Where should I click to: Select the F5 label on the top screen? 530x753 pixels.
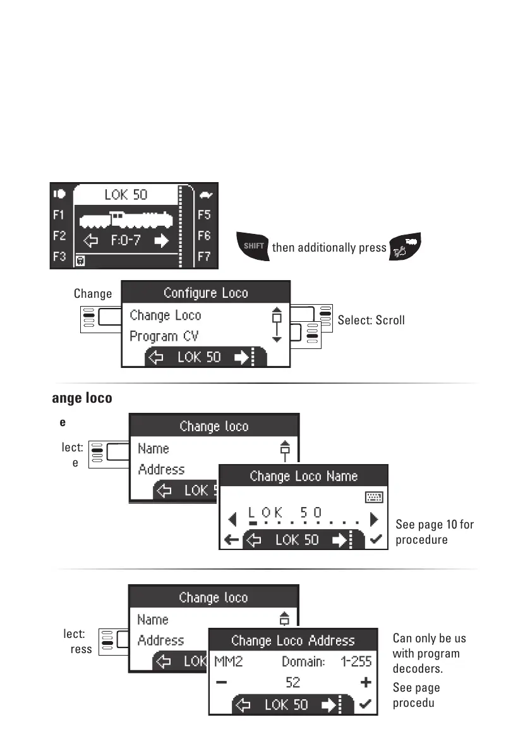(x=204, y=215)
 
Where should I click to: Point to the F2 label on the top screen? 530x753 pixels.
(x=59, y=236)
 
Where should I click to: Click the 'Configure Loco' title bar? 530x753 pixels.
(x=206, y=293)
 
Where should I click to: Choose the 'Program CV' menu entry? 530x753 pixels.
(x=166, y=336)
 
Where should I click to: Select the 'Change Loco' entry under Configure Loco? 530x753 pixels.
(x=166, y=315)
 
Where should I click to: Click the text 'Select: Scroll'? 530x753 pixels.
(x=371, y=320)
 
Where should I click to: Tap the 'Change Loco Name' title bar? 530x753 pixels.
(x=303, y=476)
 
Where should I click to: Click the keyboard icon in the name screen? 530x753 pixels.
(x=374, y=498)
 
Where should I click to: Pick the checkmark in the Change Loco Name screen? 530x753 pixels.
(x=376, y=540)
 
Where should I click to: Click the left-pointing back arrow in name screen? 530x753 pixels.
(x=231, y=540)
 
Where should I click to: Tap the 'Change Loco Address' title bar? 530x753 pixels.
(x=293, y=640)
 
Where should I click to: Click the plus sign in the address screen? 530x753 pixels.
(x=364, y=683)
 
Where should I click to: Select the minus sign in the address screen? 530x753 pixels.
(x=221, y=683)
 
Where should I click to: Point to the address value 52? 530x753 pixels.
(x=292, y=683)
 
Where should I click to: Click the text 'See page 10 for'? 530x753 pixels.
(x=435, y=524)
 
